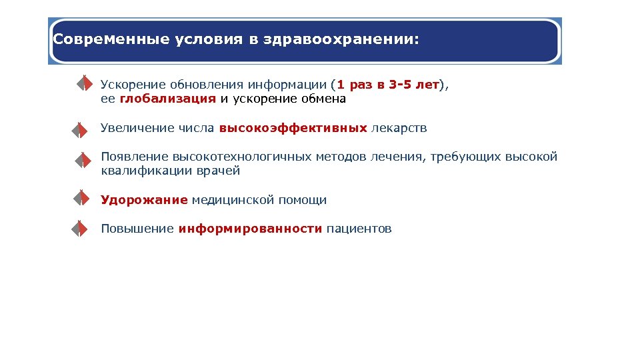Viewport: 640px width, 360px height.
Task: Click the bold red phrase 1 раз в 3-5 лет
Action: click(389, 85)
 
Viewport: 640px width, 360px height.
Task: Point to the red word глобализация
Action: click(168, 99)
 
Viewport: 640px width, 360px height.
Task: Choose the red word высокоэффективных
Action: click(293, 127)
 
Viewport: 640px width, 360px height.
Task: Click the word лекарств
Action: click(399, 127)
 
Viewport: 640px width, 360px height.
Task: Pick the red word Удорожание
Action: click(144, 199)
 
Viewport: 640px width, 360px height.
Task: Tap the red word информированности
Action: click(250, 229)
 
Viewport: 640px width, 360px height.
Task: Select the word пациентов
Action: click(359, 229)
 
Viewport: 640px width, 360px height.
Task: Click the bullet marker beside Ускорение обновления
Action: click(81, 83)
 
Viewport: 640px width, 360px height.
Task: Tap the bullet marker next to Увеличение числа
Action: click(80, 129)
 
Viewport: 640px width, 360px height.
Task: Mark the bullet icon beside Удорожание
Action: click(80, 199)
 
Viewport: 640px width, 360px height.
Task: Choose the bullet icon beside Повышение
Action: click(80, 229)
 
